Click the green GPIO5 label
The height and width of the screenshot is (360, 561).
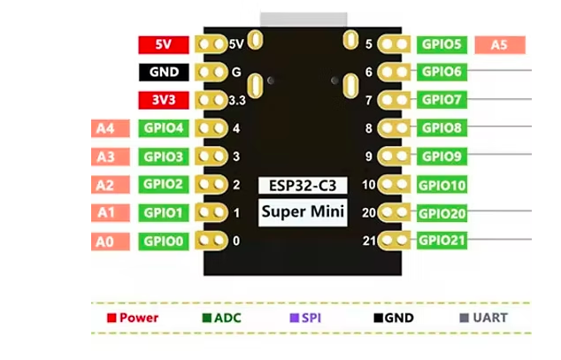pos(442,44)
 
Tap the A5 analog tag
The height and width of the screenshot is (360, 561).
pos(500,44)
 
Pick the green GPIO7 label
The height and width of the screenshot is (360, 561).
pos(442,100)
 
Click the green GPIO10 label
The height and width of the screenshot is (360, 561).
pos(442,185)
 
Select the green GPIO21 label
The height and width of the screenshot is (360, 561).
pos(442,240)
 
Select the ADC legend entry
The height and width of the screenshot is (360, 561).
pos(221,318)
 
